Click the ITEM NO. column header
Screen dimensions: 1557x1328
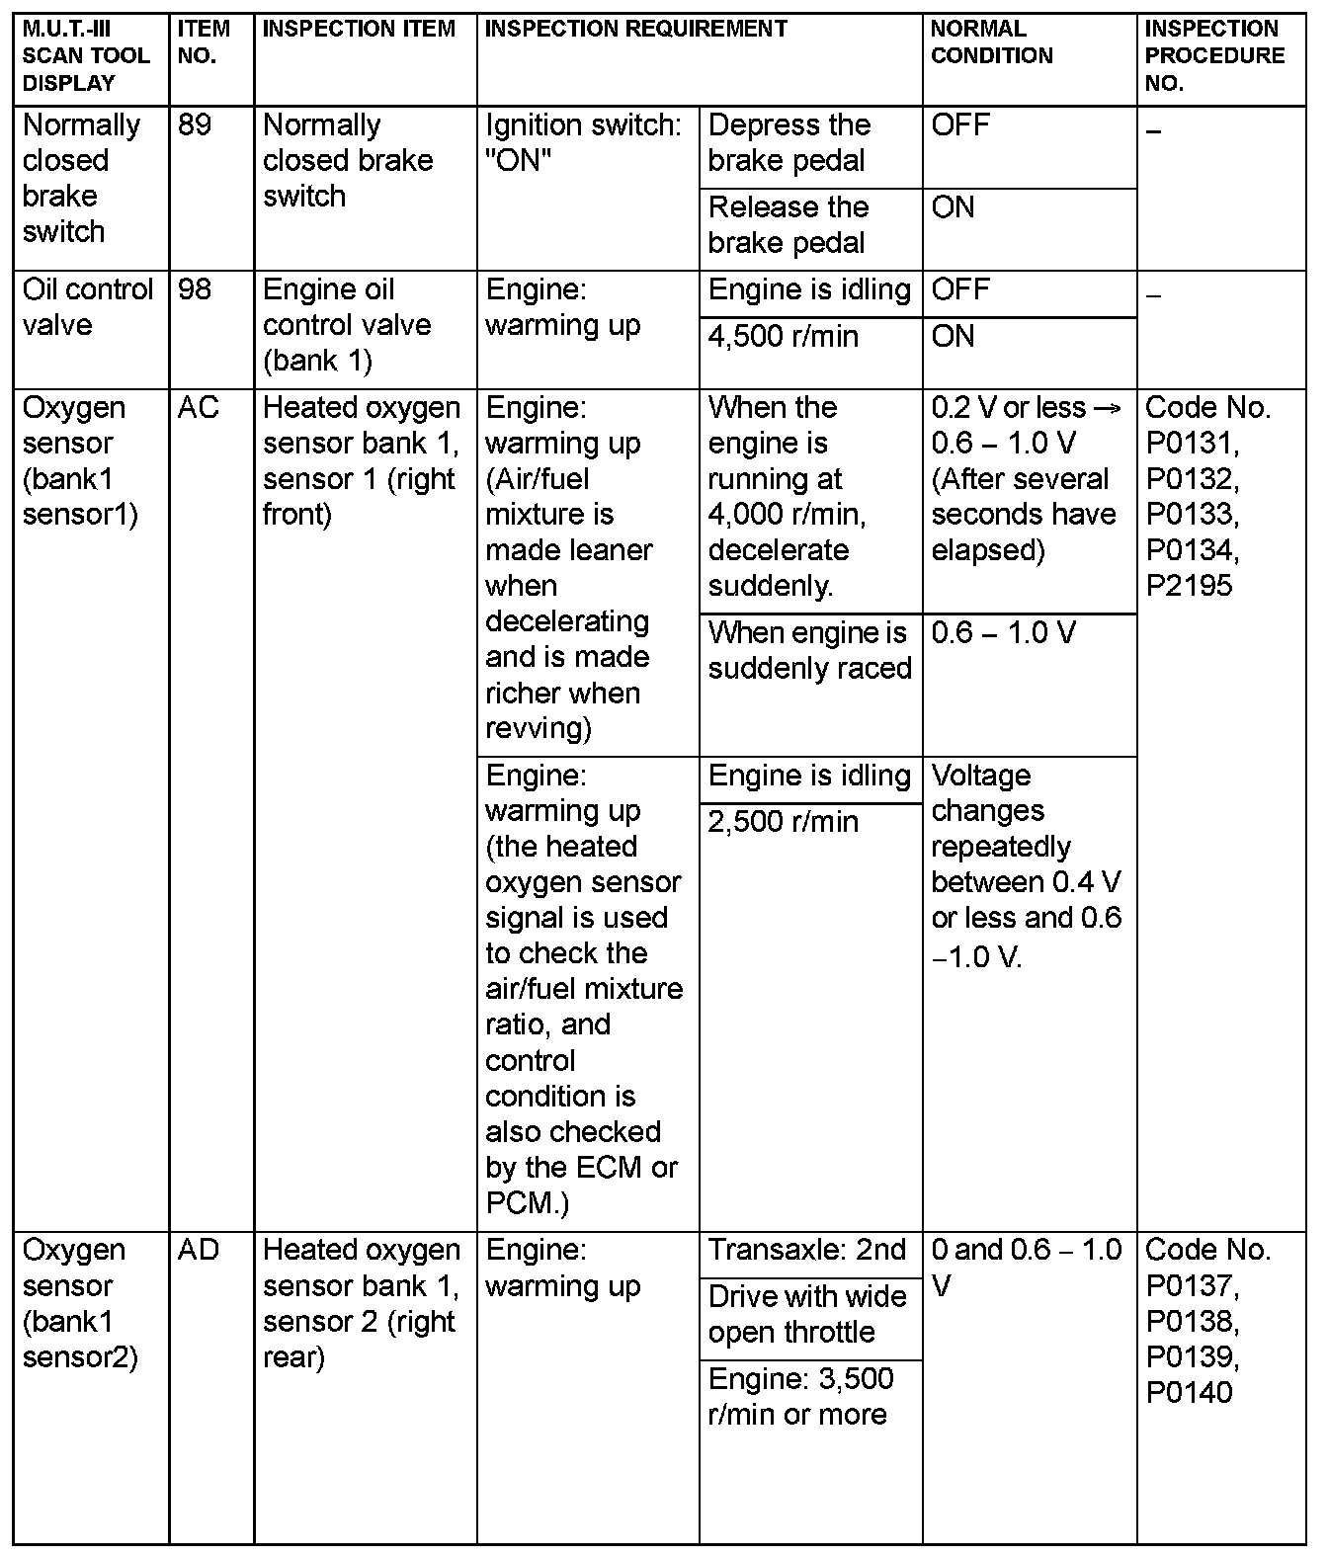click(204, 42)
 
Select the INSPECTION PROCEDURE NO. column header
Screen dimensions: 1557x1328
click(1214, 56)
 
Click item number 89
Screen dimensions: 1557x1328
click(196, 125)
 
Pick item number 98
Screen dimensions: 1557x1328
click(196, 290)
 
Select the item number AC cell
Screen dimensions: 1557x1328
click(199, 408)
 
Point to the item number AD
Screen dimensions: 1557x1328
click(199, 1251)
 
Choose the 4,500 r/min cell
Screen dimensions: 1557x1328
click(783, 337)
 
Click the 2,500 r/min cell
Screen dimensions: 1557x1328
click(783, 822)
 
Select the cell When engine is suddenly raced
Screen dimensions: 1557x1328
click(809, 650)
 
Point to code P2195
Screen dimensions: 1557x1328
click(1189, 586)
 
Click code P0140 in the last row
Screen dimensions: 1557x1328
click(1189, 1393)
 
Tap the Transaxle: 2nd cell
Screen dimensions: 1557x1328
click(806, 1251)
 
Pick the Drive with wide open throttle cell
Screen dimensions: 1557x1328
click(806, 1315)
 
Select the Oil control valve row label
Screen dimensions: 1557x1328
click(87, 307)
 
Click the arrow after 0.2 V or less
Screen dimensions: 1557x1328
click(1108, 408)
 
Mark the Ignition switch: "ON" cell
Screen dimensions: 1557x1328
click(583, 143)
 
